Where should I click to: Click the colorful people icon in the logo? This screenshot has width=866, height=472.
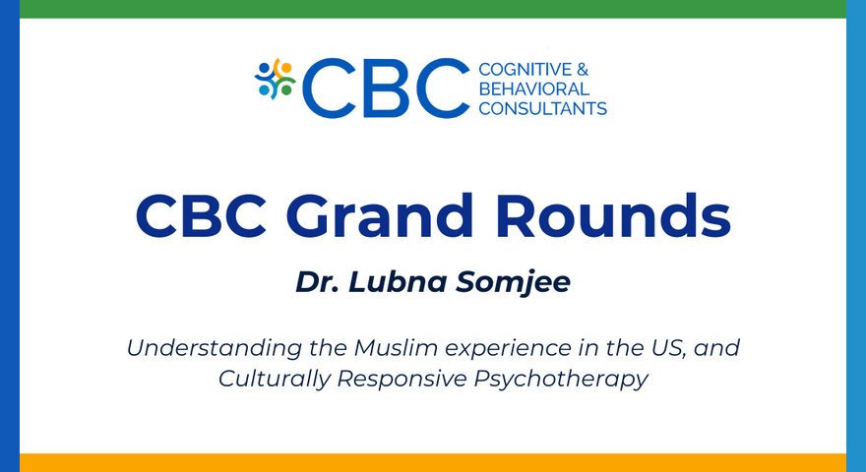point(276,79)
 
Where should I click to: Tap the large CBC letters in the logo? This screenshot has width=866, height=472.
point(386,88)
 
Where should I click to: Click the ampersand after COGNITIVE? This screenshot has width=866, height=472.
point(582,70)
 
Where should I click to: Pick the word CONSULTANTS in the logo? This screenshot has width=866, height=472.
point(542,108)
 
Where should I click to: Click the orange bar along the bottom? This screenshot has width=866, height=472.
point(433,462)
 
